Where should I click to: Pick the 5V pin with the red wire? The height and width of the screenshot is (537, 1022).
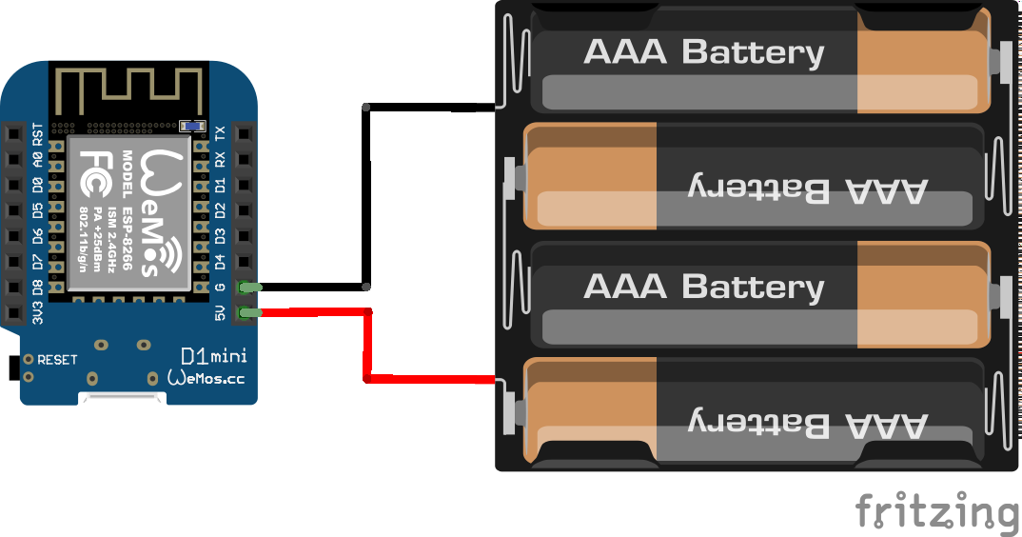pyautogui.click(x=248, y=312)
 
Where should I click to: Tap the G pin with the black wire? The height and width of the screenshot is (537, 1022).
pyautogui.click(x=248, y=287)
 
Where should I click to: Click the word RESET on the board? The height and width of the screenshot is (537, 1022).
pyautogui.click(x=57, y=360)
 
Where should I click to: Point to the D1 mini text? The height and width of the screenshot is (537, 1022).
pyautogui.click(x=214, y=356)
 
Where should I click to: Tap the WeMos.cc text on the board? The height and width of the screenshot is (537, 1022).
pyautogui.click(x=206, y=377)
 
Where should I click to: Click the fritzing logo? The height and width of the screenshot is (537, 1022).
pyautogui.click(x=936, y=511)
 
